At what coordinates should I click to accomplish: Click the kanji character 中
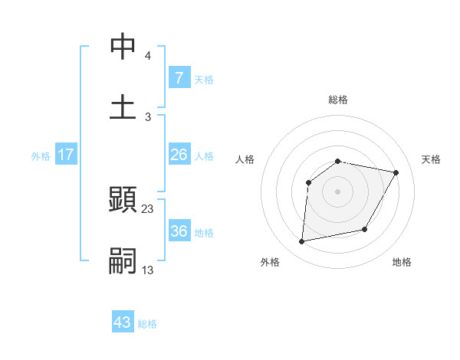point(123,47)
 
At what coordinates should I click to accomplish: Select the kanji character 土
point(123,106)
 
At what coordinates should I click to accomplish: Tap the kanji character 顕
point(123,201)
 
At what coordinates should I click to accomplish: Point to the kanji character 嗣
point(123,260)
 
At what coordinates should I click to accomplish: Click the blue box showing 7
point(179,78)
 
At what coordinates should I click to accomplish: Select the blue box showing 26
point(179,155)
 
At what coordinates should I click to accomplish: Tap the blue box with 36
point(179,231)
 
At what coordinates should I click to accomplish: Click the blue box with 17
point(66,155)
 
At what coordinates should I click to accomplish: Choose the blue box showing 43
point(123,323)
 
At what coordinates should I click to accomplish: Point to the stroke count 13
point(148,270)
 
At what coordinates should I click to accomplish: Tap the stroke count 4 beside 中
point(148,56)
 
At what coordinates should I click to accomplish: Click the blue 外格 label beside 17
point(41,156)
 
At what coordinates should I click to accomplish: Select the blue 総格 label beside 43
point(147,324)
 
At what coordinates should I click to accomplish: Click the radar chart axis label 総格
point(338,100)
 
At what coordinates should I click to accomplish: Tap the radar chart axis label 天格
point(431,159)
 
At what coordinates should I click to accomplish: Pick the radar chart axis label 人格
point(245,159)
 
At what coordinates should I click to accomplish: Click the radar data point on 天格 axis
point(396,173)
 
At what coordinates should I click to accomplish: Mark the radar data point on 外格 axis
point(302,241)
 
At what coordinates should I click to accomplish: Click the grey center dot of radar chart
point(337,191)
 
